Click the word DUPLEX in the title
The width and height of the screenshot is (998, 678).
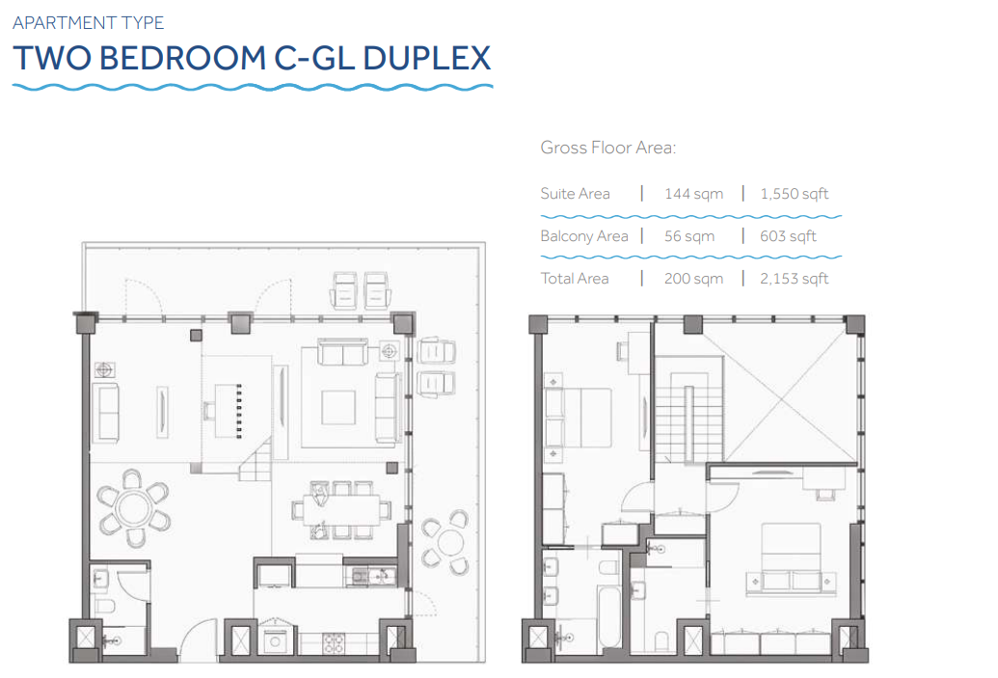(426, 58)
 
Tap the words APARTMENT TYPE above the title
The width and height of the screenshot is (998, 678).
(89, 23)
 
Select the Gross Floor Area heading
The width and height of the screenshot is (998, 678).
(607, 148)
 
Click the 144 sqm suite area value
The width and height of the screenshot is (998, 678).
(693, 194)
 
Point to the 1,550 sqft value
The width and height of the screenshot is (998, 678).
(795, 194)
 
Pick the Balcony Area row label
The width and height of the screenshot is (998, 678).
(584, 236)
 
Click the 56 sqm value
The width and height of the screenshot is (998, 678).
(689, 236)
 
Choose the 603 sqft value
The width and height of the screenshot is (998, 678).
(788, 236)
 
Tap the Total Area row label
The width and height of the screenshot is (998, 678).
(575, 278)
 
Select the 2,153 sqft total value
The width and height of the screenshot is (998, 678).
(795, 278)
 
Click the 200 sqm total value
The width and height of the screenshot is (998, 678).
(693, 278)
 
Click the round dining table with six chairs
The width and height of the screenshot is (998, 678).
(133, 508)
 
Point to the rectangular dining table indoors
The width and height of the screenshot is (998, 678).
(341, 510)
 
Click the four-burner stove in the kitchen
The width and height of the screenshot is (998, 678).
(333, 643)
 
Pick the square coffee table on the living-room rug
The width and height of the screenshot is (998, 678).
(338, 407)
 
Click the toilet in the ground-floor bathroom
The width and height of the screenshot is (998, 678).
(103, 605)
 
